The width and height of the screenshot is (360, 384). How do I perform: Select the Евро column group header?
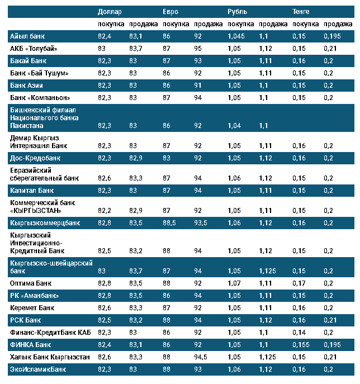[170, 11]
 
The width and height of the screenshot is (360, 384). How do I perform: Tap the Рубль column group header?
[237, 11]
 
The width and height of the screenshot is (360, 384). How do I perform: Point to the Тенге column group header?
[302, 11]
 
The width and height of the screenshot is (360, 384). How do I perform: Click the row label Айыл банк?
[27, 36]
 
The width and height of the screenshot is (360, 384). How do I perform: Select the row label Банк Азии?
[27, 85]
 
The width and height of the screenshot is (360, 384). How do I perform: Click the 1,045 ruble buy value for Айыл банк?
[237, 36]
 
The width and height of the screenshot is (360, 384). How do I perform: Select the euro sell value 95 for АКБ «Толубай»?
[198, 49]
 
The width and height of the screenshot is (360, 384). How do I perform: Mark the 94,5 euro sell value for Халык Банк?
[201, 357]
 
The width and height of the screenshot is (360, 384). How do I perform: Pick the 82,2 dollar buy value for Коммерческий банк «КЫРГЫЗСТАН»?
[105, 211]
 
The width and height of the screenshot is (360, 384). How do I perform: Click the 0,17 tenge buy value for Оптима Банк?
[299, 283]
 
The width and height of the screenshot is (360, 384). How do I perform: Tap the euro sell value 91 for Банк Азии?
[198, 85]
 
